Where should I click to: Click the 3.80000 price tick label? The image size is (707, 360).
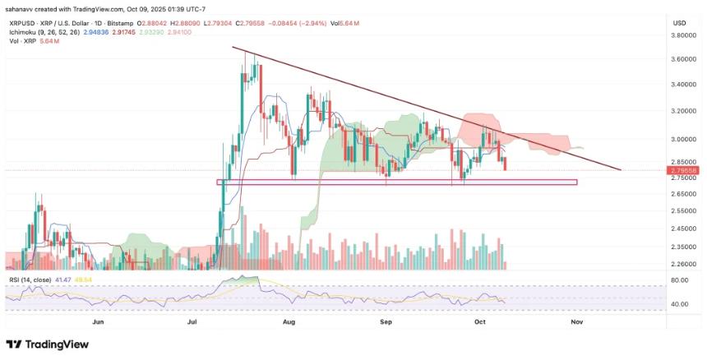[684, 36]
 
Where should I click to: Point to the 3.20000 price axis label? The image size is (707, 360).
[684, 110]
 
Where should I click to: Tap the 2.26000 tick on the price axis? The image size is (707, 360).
[684, 265]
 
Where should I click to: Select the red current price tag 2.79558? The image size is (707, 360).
[684, 170]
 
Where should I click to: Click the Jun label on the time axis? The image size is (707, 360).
[99, 323]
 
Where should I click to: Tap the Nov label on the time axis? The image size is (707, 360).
[576, 323]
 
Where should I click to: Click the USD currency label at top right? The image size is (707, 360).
[679, 22]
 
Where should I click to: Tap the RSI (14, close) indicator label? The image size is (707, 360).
[28, 279]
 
